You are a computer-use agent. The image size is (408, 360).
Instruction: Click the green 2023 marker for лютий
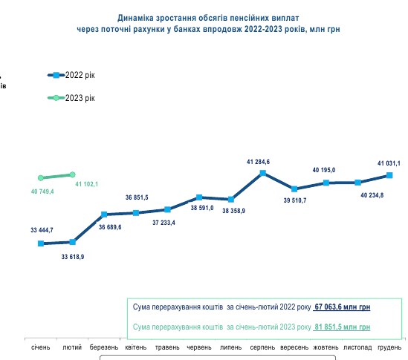pos(72,174)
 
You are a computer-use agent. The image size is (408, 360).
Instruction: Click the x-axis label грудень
pos(390,347)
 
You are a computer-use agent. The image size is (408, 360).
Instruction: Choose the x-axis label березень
pos(104,347)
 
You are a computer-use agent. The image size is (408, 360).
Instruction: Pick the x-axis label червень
pos(199,347)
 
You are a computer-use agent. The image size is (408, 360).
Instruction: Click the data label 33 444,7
pos(41,231)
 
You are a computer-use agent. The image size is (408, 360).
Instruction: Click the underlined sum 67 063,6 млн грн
pos(343,307)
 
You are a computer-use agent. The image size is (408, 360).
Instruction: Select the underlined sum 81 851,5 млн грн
pos(342,327)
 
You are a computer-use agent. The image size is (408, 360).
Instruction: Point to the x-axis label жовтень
pos(326,347)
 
